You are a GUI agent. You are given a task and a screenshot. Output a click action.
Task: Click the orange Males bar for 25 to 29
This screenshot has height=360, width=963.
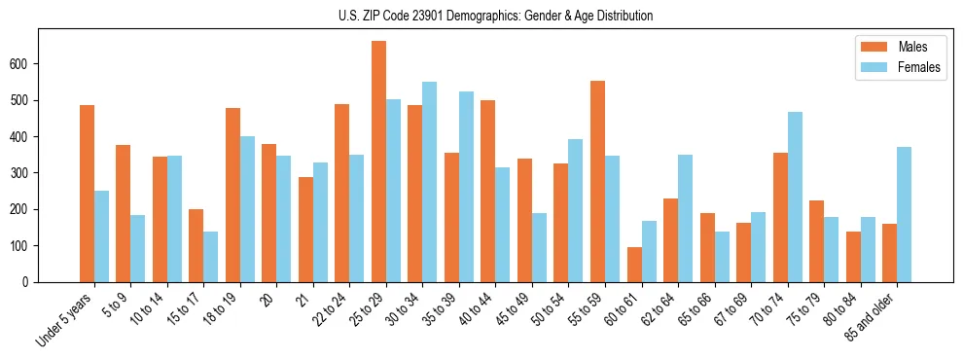pos(378,162)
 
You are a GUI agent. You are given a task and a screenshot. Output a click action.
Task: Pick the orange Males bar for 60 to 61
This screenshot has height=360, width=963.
pos(634,265)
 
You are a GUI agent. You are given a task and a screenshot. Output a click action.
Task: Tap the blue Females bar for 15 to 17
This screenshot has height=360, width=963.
pos(210,257)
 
